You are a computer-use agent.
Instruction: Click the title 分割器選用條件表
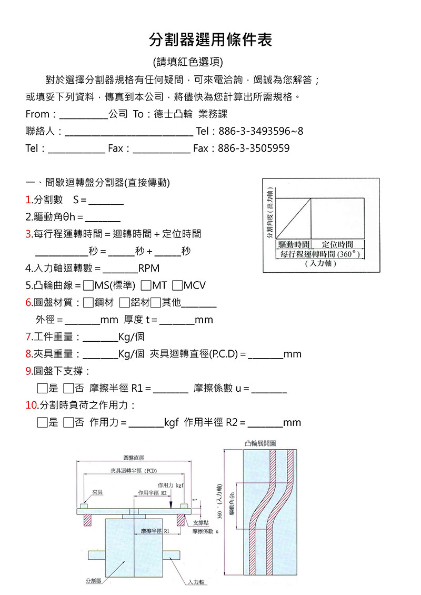210,39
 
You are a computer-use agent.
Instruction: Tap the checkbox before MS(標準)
88,285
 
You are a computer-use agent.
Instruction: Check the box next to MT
146,285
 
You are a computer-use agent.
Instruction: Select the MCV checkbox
177,285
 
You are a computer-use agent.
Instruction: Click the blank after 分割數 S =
106,201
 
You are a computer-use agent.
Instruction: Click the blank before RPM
120,270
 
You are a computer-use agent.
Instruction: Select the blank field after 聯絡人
128,132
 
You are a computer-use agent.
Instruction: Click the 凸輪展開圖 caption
260,443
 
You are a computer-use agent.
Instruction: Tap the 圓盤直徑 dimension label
134,458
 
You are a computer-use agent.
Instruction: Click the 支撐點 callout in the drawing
200,523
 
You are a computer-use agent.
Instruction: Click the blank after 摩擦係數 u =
269,389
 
